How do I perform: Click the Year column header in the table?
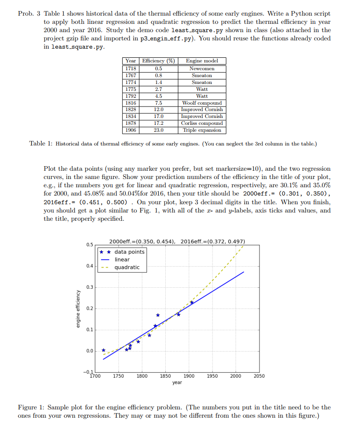point(131,61)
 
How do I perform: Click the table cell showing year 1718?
point(131,68)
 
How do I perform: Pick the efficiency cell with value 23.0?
point(158,130)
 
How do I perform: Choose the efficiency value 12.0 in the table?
point(158,110)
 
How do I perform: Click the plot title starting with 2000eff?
point(177,241)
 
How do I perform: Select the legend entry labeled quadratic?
point(127,267)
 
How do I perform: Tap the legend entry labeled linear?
point(122,259)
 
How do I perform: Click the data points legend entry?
point(129,252)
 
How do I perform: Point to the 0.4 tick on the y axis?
point(89,266)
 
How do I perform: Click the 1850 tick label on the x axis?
point(165,376)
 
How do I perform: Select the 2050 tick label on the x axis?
point(259,376)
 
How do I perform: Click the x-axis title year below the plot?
point(177,382)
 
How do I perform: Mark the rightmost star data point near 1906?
point(192,302)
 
